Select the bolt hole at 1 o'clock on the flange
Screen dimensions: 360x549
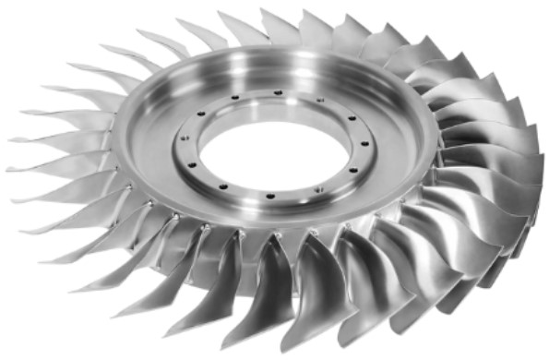tap(320, 100)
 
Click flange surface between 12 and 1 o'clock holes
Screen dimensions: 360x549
tap(299, 95)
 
